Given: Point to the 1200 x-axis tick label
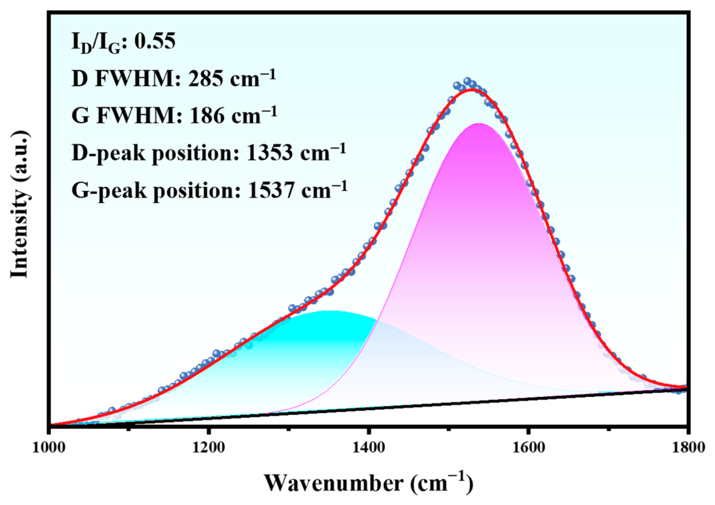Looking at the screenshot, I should click(208, 448).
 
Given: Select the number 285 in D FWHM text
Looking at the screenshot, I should click(205, 79).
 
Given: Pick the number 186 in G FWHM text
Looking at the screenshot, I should click(206, 116).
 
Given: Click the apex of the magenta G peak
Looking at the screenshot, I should click(479, 124).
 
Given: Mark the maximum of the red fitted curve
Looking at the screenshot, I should click(472, 90).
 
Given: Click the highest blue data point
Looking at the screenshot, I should click(467, 81).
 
